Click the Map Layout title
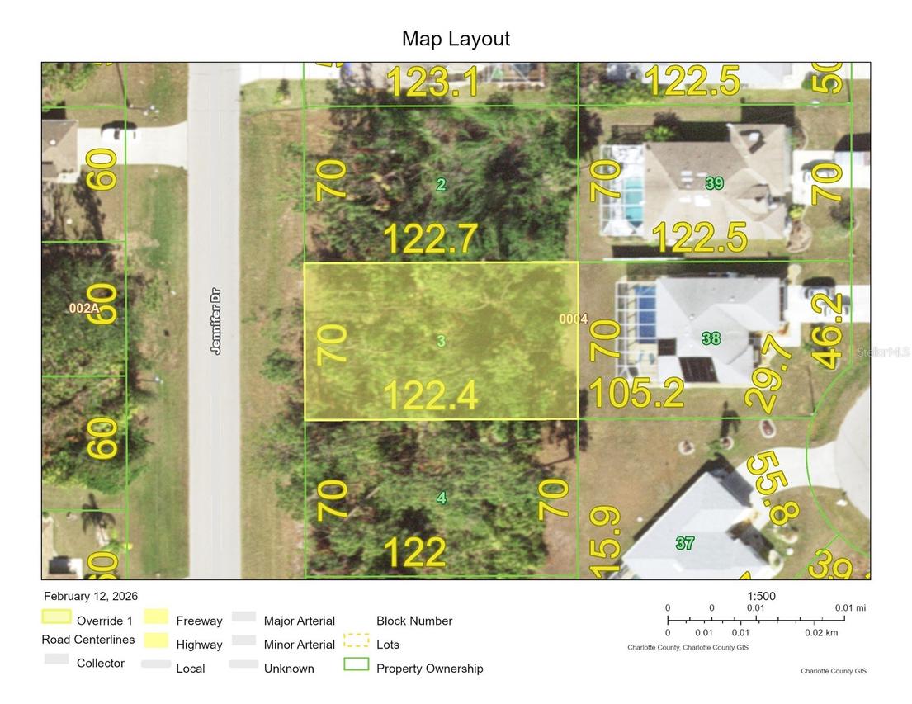coord(456,39)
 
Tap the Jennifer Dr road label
coord(216,321)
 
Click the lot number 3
coord(442,341)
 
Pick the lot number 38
coord(711,338)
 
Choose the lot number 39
coord(714,183)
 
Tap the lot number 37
coord(684,543)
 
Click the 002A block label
coord(83,308)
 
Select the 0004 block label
coord(573,319)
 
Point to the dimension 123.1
coord(432,83)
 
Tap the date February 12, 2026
coord(91,596)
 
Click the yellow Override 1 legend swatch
coord(57,617)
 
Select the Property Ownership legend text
coord(429,669)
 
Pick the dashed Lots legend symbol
coord(356,640)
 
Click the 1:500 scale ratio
coord(761,597)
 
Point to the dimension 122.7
coord(430,239)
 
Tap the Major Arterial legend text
coord(299,621)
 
